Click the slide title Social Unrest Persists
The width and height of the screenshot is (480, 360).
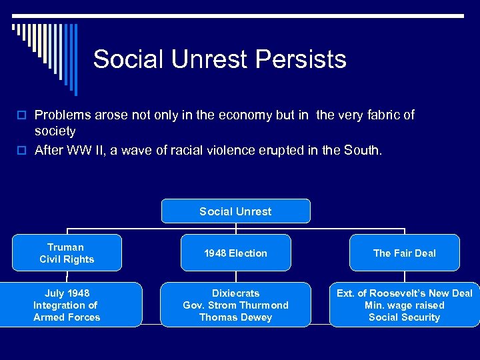tap(219, 59)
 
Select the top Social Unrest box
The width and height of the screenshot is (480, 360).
tap(235, 211)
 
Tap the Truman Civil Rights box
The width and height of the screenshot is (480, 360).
tap(67, 253)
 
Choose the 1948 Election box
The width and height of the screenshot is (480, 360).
tap(235, 253)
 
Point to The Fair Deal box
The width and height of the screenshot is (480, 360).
tap(404, 253)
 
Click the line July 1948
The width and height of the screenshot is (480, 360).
tap(67, 293)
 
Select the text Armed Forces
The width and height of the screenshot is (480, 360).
tap(67, 317)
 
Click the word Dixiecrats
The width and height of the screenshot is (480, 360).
tap(235, 293)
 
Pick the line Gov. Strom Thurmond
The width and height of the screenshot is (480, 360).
tap(235, 305)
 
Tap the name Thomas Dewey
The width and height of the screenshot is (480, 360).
tap(235, 317)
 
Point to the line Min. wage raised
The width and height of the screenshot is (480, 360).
tap(404, 305)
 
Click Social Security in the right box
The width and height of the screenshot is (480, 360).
tap(404, 317)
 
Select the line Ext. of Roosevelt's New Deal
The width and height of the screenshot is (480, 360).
tap(404, 293)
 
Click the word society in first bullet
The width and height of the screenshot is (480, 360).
tap(55, 131)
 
